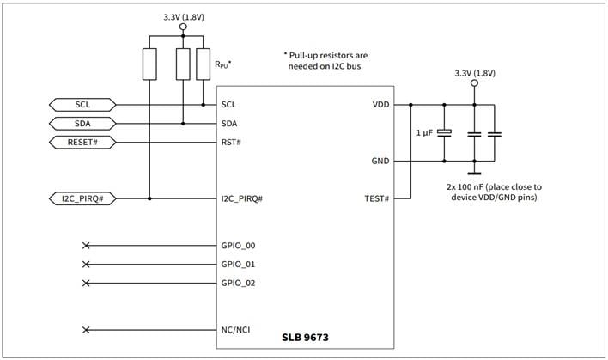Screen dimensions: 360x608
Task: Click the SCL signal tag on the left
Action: (x=82, y=105)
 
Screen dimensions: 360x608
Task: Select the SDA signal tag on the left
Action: (x=82, y=123)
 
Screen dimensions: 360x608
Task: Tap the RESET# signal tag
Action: (x=82, y=142)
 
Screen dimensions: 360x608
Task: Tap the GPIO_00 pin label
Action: (x=239, y=246)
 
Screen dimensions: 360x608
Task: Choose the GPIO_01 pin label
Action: (x=239, y=265)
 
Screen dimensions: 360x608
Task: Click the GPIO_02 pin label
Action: (x=239, y=283)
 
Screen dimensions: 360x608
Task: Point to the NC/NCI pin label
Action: (x=236, y=330)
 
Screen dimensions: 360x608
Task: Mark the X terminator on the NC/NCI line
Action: (x=85, y=330)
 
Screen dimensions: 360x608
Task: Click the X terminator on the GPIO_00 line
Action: (x=85, y=246)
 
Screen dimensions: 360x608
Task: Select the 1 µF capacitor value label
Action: (x=423, y=133)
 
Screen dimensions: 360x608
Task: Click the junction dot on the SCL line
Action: (x=203, y=105)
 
